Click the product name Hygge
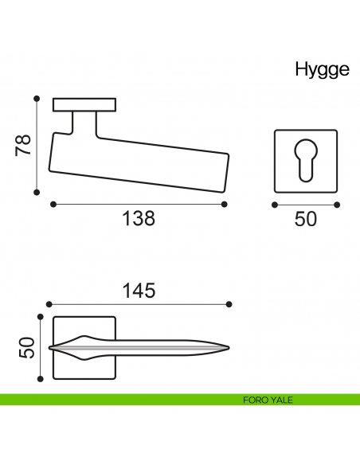(322, 71)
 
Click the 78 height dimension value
(23, 145)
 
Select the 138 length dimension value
(139, 218)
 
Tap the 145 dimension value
(139, 291)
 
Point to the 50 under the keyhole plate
(305, 219)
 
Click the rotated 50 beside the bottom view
(27, 348)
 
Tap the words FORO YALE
(268, 400)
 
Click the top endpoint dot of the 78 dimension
(37, 99)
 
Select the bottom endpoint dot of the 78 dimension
(37, 193)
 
